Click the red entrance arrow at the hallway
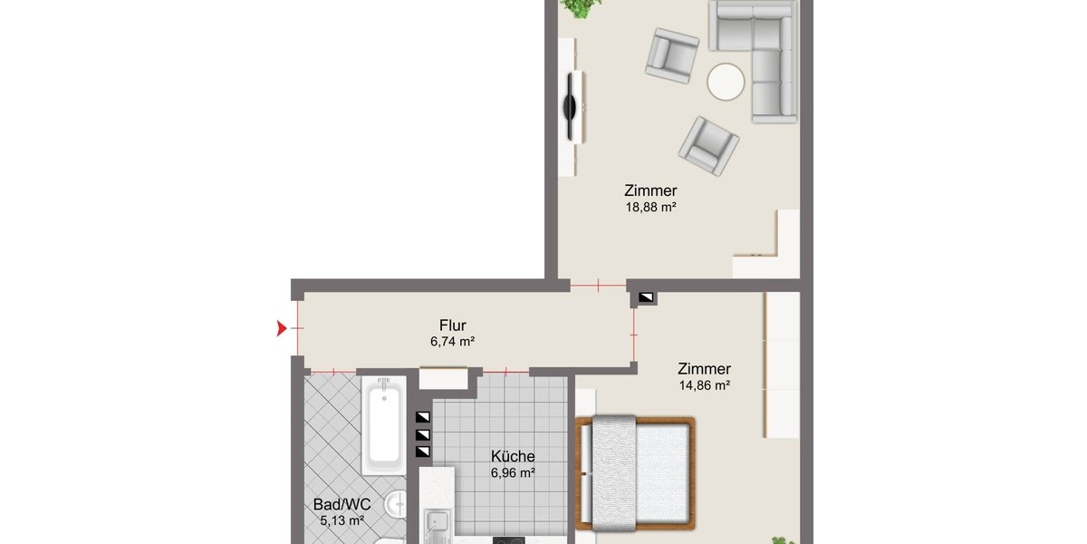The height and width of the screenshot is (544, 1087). click(x=281, y=328)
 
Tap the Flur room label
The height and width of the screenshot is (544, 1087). click(x=453, y=325)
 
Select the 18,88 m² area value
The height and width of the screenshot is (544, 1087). click(x=650, y=208)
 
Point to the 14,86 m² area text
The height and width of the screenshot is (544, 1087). click(x=705, y=385)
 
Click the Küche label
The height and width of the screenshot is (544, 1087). click(x=513, y=457)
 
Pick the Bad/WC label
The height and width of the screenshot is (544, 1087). click(x=342, y=505)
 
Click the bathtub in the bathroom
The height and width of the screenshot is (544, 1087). click(x=384, y=425)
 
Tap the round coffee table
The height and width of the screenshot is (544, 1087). click(x=726, y=83)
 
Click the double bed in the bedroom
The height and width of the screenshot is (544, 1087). click(x=636, y=473)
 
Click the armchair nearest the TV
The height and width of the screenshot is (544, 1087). click(x=672, y=55)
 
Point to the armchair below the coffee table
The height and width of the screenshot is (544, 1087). click(x=708, y=146)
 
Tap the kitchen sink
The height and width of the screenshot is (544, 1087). click(x=437, y=526)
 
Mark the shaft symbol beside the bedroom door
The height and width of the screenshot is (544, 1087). click(x=645, y=297)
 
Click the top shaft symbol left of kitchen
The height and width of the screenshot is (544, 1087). click(x=423, y=417)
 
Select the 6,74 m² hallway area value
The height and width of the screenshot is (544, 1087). click(x=452, y=342)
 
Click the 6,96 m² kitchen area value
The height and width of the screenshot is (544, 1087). click(x=513, y=472)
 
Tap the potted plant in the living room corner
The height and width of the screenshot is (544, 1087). click(x=580, y=7)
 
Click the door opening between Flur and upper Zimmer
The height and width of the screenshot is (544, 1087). click(x=598, y=286)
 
